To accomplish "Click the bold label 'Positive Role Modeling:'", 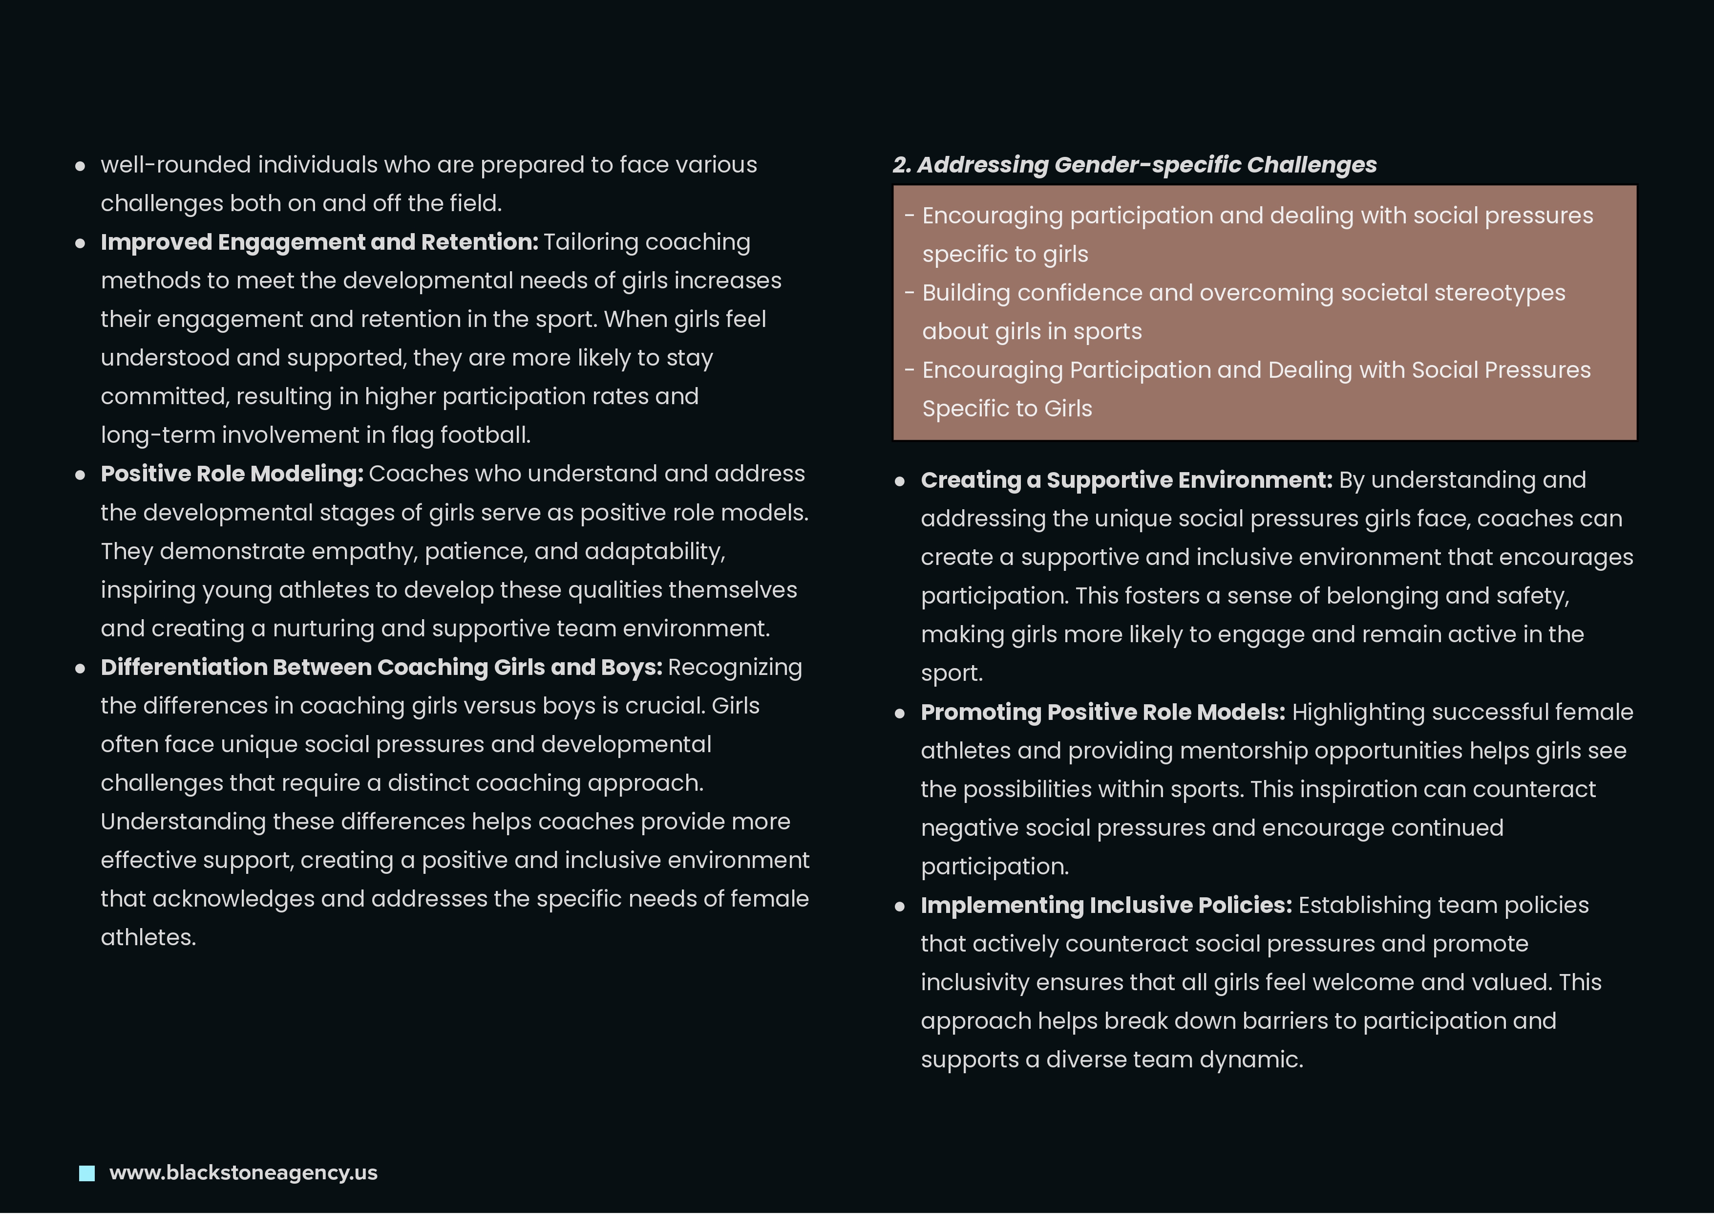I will (232, 474).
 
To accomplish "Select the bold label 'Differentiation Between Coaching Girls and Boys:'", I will (381, 668).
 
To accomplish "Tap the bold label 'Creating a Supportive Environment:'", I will (1126, 480).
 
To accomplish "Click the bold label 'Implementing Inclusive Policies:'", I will (1106, 905).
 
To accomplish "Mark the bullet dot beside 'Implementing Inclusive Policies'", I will (900, 907).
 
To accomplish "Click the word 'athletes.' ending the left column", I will (148, 937).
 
